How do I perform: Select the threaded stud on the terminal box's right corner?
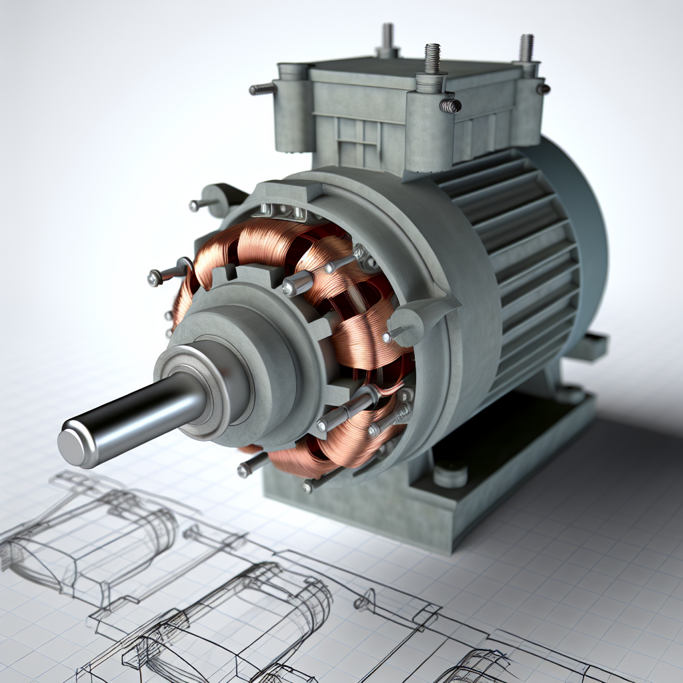click(x=526, y=48)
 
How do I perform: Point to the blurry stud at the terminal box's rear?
click(x=387, y=37)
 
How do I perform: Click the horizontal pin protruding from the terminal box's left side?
click(x=262, y=89)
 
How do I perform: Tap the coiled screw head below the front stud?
click(x=450, y=105)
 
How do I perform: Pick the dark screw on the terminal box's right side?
click(x=544, y=89)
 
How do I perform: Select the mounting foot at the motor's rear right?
click(x=587, y=347)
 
